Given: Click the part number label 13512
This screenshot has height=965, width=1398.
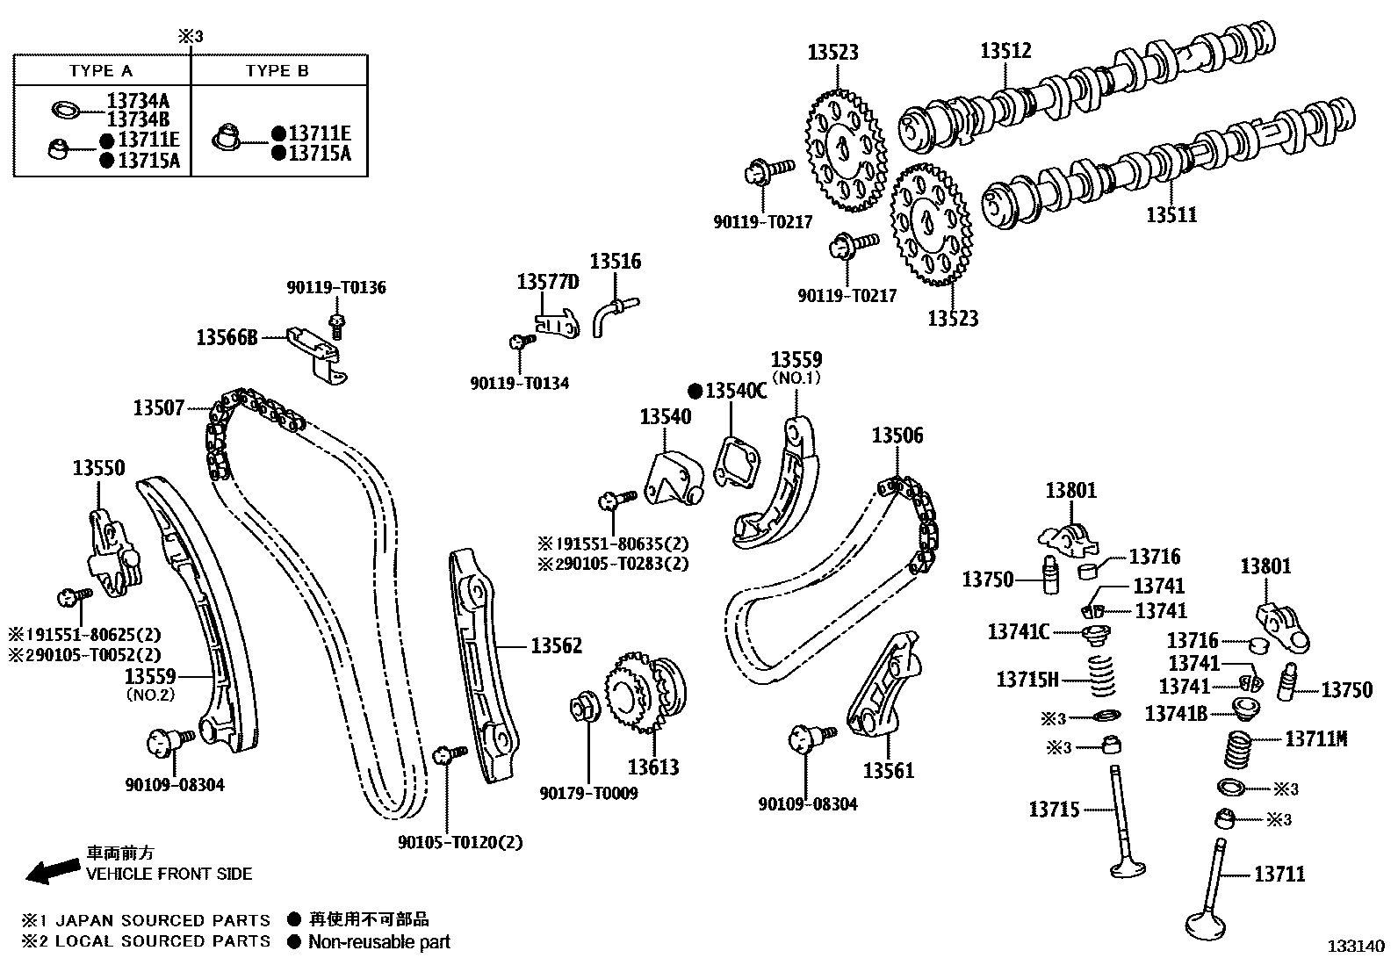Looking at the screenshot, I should (1005, 51).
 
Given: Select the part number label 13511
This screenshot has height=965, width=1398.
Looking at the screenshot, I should (1171, 214).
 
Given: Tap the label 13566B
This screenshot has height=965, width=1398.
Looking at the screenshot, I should (227, 337).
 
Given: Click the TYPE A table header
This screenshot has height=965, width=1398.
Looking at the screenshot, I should (101, 71).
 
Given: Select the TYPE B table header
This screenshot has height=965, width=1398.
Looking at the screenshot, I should (277, 71).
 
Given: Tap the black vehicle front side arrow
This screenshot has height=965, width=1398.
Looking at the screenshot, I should (51, 870).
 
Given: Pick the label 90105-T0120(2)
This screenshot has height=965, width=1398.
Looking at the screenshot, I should (460, 842).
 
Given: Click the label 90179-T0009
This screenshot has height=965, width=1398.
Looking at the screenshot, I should (588, 793).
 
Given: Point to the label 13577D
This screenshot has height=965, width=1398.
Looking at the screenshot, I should (548, 282).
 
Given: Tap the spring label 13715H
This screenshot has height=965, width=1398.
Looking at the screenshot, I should (1027, 679).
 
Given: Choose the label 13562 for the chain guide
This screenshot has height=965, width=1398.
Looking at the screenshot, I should (556, 646).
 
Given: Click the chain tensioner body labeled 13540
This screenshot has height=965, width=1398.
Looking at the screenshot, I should (673, 478).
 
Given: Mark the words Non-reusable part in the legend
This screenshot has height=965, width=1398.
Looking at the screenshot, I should (378, 942).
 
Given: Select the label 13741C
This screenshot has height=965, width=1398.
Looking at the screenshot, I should (1019, 631).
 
